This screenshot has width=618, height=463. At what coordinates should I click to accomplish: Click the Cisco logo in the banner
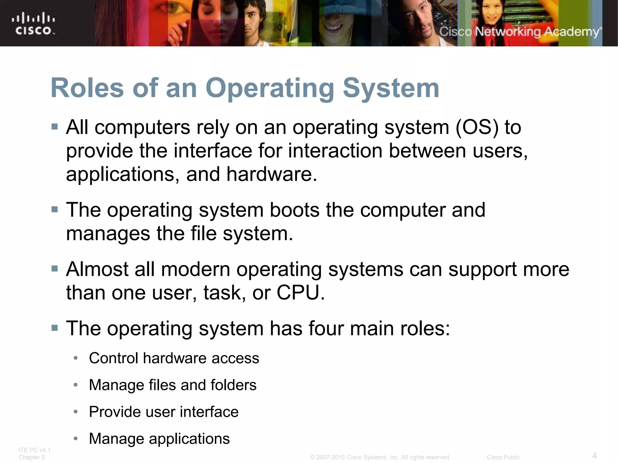(33, 24)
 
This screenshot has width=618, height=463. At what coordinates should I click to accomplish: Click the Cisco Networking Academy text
(519, 32)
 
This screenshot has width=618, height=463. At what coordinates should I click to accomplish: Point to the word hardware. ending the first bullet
(272, 174)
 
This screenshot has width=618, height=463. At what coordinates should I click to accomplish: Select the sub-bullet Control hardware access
(174, 358)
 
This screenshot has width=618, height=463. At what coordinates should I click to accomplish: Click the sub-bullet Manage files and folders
(173, 385)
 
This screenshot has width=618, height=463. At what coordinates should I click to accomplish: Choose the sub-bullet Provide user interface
(164, 412)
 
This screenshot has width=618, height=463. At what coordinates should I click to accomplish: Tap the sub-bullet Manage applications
(159, 439)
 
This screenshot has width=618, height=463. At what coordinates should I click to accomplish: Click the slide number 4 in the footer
(594, 455)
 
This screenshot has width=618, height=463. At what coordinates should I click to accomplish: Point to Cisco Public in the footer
(503, 457)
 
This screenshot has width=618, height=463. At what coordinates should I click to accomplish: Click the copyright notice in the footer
(380, 457)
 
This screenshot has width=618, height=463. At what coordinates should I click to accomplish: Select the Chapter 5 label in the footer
(32, 457)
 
